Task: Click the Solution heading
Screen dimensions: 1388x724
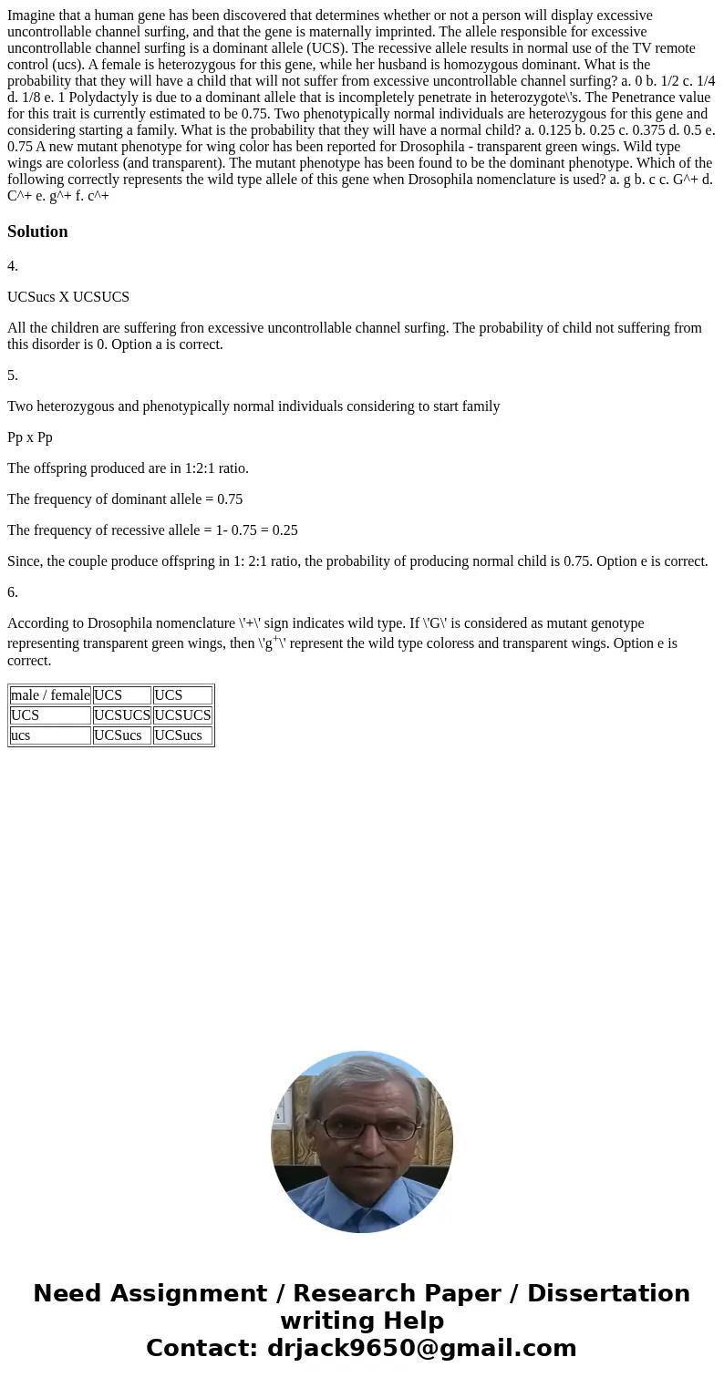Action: click(37, 231)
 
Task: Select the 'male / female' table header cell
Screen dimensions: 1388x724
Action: click(50, 695)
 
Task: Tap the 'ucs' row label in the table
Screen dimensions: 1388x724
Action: click(21, 735)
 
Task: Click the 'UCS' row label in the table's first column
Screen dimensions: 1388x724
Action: click(26, 715)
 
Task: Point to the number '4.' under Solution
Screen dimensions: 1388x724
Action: click(13, 266)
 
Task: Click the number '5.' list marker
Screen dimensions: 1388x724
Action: click(13, 375)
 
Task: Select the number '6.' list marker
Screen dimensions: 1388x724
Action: click(13, 592)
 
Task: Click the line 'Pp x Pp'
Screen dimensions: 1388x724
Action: click(30, 437)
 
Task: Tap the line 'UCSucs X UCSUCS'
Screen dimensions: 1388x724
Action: click(68, 297)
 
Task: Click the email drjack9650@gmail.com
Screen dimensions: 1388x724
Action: click(421, 1348)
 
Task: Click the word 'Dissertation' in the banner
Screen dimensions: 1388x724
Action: click(608, 1294)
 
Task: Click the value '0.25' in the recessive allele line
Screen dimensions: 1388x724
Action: click(280, 530)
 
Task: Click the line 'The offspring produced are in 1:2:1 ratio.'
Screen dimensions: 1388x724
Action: click(128, 468)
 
